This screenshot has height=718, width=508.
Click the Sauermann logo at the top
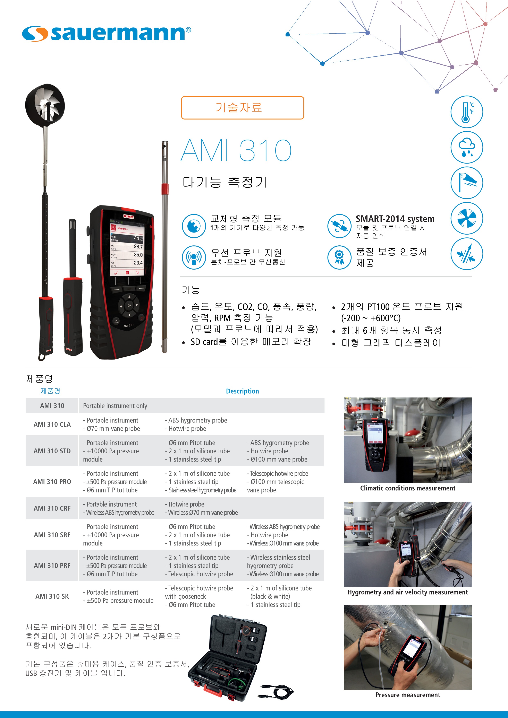tap(107, 33)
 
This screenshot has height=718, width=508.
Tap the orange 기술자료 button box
tap(243, 108)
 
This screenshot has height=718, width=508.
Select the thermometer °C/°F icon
tap(467, 112)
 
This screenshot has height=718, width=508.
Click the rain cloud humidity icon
tap(467, 147)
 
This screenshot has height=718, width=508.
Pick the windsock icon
tap(467, 183)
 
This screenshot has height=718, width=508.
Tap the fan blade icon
tap(467, 218)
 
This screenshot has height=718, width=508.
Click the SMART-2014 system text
tap(395, 219)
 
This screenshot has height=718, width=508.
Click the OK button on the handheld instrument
tap(129, 306)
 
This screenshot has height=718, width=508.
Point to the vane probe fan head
tap(45, 105)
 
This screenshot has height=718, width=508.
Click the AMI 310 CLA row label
tap(52, 424)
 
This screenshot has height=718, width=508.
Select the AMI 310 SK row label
tap(52, 596)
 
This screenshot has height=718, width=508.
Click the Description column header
tap(243, 391)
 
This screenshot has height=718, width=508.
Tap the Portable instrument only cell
tap(115, 406)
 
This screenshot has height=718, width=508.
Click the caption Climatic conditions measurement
tap(408, 488)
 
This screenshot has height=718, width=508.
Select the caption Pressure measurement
tap(408, 695)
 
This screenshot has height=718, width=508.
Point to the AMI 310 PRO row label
tap(52, 482)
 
